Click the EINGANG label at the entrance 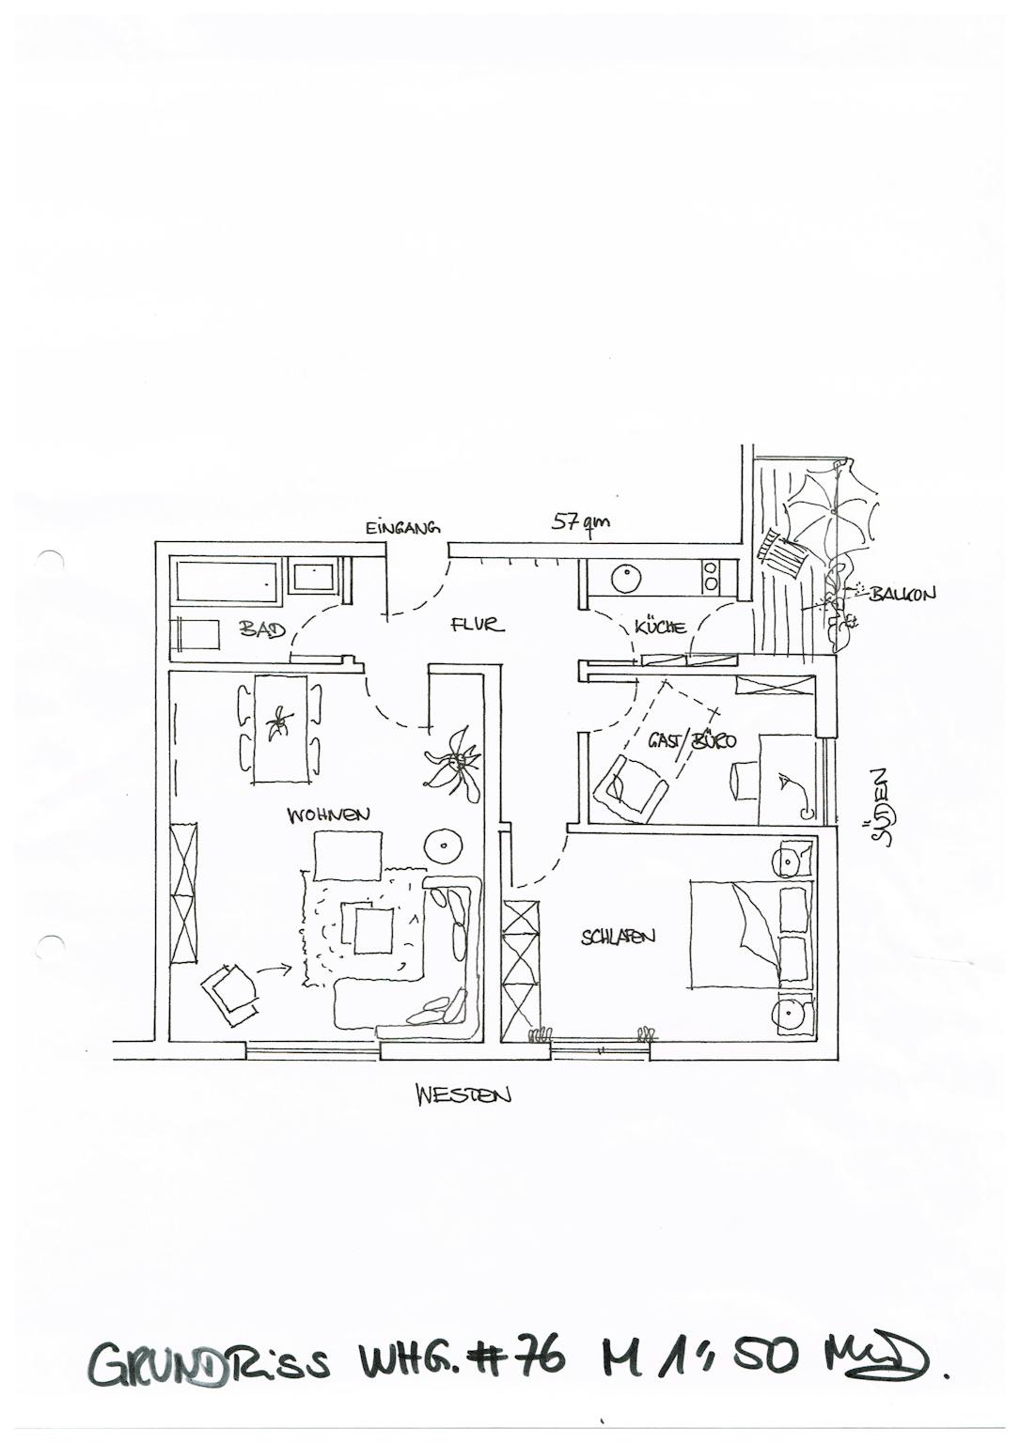point(402,529)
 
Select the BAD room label point(262,628)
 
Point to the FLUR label point(478,624)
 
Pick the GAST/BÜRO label point(692,740)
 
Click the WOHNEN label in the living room point(328,815)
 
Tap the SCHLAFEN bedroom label point(618,937)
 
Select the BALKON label point(902,594)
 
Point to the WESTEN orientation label point(464,1094)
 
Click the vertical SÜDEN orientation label point(880,807)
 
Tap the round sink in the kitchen point(626,579)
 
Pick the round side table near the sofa point(442,846)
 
